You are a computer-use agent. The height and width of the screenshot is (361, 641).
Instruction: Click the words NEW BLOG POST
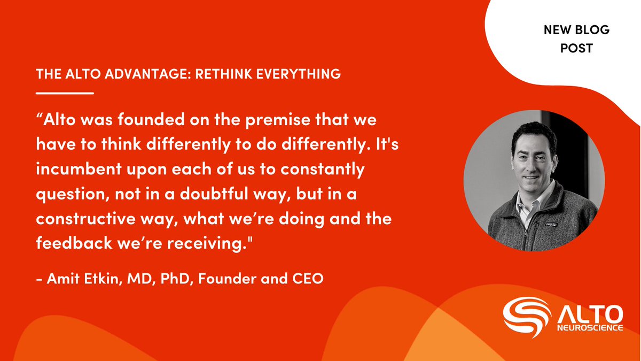pyautogui.click(x=576, y=39)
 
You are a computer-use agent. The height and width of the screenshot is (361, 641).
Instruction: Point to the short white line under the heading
pyautogui.click(x=65, y=93)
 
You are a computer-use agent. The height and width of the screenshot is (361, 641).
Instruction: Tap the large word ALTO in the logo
pyautogui.click(x=590, y=312)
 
